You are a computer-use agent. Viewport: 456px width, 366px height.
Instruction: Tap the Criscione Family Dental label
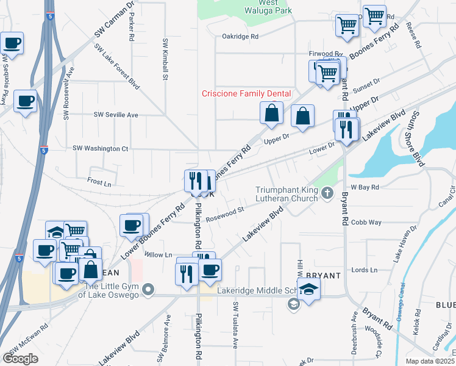pyautogui.click(x=246, y=93)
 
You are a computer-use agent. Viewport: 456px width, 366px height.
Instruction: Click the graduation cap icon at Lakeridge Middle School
pyautogui.click(x=310, y=290)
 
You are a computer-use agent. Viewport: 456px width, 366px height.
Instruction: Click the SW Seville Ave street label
pyautogui.click(x=116, y=115)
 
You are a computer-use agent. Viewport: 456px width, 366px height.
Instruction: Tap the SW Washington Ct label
pyautogui.click(x=101, y=148)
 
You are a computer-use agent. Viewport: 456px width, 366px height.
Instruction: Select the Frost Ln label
pyautogui.click(x=99, y=182)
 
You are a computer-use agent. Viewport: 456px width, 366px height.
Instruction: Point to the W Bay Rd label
pyautogui.click(x=365, y=187)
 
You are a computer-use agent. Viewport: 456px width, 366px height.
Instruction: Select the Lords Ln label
pyautogui.click(x=366, y=270)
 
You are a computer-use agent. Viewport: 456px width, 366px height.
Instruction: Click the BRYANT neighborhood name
pyautogui.click(x=319, y=276)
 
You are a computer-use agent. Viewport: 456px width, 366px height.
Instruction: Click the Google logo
pyautogui.click(x=20, y=359)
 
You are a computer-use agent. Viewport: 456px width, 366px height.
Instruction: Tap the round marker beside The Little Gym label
pyautogui.click(x=149, y=289)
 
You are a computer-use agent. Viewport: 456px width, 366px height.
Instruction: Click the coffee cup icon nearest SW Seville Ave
pyautogui.click(x=25, y=101)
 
